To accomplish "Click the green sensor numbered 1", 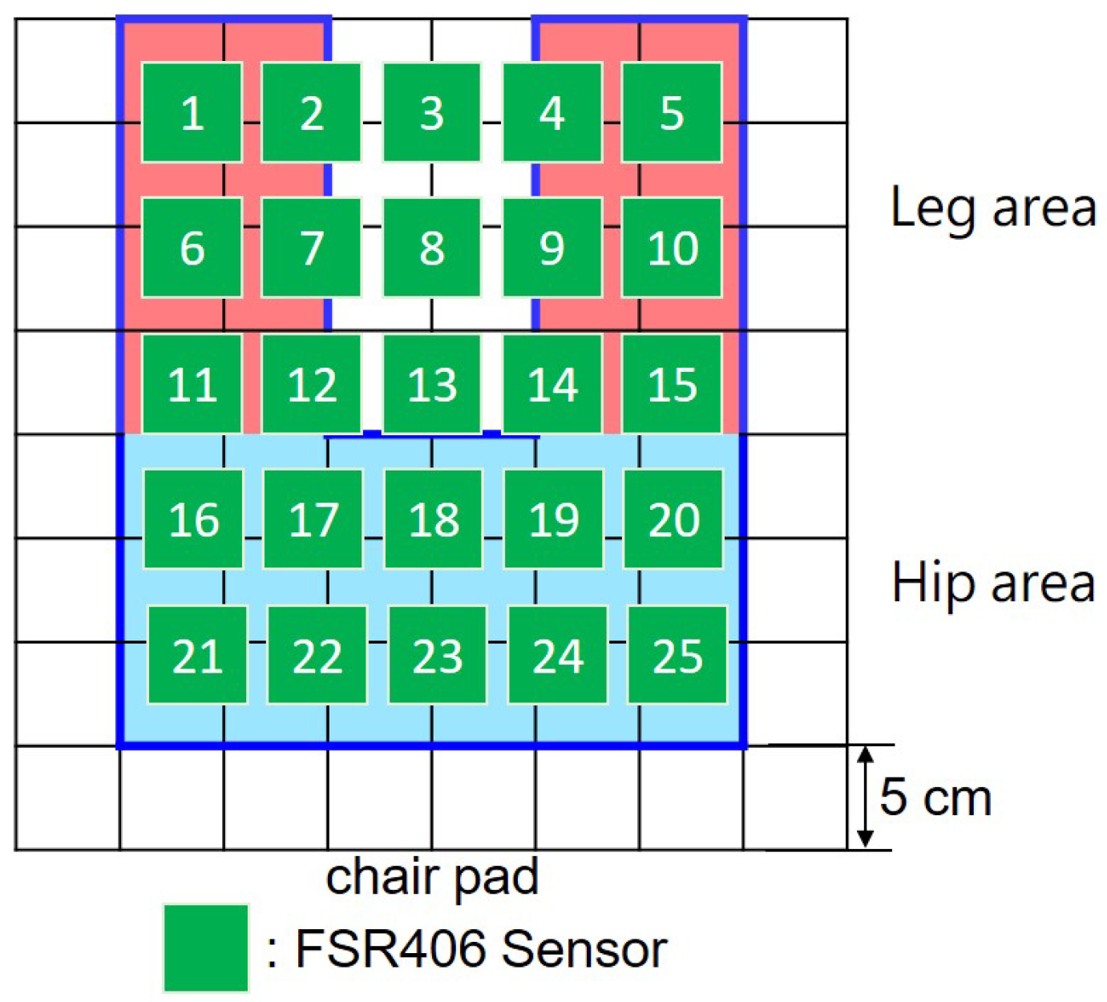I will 192,112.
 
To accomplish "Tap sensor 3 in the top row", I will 432,112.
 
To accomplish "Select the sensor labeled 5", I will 672,112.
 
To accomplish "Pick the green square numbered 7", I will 312,248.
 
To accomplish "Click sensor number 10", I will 672,248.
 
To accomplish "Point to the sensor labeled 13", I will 432,383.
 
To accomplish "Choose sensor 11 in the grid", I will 192,383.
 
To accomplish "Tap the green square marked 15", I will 672,383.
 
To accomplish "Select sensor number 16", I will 193,519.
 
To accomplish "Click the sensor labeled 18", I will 434,519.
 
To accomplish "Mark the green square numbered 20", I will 673,519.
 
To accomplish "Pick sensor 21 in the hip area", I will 197,655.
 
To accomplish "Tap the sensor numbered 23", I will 438,655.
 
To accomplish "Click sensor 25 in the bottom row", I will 677,655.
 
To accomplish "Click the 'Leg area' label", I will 992,208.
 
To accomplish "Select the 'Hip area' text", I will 992,583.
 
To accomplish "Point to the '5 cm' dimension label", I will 935,797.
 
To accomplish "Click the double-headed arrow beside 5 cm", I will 865,797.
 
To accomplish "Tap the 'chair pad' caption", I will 432,878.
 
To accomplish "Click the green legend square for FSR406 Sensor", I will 206,948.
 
